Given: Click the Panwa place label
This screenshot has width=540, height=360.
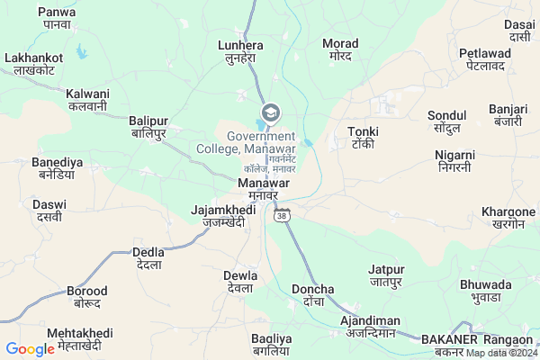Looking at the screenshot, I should (x=57, y=17).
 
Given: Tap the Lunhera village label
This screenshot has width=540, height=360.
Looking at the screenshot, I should (x=240, y=50).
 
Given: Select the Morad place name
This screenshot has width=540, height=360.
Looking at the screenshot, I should (x=340, y=49).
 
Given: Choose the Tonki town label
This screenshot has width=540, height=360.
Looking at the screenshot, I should (x=362, y=138).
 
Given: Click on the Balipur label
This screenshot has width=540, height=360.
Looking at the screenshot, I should (x=148, y=126).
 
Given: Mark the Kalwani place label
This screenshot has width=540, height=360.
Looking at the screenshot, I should (x=87, y=99).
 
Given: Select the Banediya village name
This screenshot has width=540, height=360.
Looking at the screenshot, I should (x=58, y=167).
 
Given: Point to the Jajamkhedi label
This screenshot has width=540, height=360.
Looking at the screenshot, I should (x=218, y=216).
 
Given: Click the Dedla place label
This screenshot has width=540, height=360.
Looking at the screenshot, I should (x=148, y=258).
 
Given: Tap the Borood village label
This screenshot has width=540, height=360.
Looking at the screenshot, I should (x=87, y=297).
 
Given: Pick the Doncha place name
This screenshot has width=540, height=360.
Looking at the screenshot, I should (x=313, y=295).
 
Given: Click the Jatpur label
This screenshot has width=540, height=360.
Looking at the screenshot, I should (x=387, y=274).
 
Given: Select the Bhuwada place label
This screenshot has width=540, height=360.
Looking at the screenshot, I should (x=485, y=290).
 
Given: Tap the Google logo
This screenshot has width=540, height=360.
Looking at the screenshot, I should (x=30, y=349).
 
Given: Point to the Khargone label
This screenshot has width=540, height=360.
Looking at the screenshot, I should (x=508, y=217).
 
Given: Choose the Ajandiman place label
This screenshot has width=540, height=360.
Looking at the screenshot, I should (x=370, y=326).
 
